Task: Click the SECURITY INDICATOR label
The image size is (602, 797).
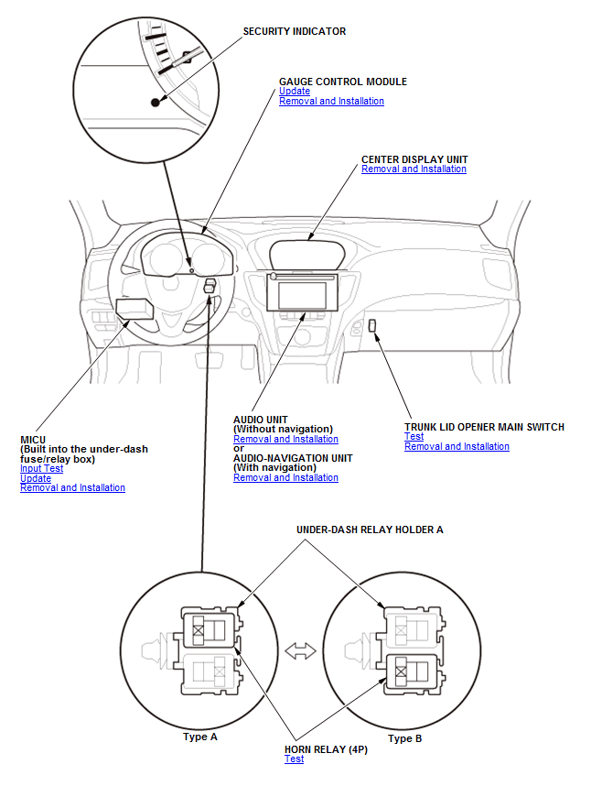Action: pyautogui.click(x=294, y=31)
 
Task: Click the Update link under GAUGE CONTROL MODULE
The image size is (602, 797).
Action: pyautogui.click(x=294, y=92)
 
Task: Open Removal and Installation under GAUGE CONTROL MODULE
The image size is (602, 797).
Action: pyautogui.click(x=331, y=102)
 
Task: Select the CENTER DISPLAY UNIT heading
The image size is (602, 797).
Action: pyautogui.click(x=414, y=158)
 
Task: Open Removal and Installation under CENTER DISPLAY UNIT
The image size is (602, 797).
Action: pyautogui.click(x=414, y=169)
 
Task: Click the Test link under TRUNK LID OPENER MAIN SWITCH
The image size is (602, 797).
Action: pyautogui.click(x=414, y=437)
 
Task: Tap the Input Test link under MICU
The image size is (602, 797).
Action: pyautogui.click(x=42, y=469)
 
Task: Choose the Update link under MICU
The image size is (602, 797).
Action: pyautogui.click(x=36, y=478)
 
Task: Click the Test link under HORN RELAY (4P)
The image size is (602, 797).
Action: pyautogui.click(x=294, y=759)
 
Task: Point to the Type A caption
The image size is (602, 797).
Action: pyautogui.click(x=199, y=737)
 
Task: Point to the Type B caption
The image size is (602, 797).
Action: pyautogui.click(x=404, y=738)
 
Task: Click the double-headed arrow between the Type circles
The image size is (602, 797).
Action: pyautogui.click(x=300, y=650)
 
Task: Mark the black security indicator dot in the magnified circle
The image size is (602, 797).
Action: pyautogui.click(x=155, y=103)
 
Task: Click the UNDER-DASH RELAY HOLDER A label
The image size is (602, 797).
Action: pyautogui.click(x=370, y=530)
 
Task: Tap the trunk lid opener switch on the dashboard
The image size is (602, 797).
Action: pyautogui.click(x=373, y=325)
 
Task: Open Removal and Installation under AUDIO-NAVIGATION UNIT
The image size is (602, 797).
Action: pyautogui.click(x=285, y=478)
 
